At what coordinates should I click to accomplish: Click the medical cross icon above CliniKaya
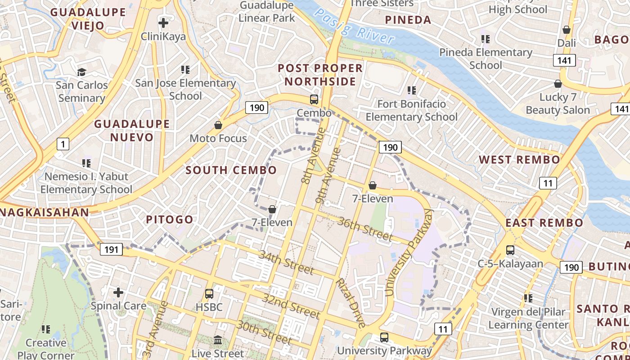click(163, 22)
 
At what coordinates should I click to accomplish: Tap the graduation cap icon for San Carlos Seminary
click(81, 72)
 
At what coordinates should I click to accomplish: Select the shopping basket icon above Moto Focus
click(218, 125)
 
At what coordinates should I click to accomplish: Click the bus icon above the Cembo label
click(314, 99)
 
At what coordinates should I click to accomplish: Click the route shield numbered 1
click(63, 144)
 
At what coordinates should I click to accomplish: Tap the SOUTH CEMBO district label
click(231, 170)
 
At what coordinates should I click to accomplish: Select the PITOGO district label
click(170, 220)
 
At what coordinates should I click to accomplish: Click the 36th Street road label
click(365, 229)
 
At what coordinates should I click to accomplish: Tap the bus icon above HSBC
click(209, 294)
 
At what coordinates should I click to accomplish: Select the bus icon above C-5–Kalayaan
click(510, 250)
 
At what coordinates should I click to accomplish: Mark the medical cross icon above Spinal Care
click(118, 292)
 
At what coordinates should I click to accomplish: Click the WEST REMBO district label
click(519, 160)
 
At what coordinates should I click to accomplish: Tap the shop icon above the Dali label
click(567, 30)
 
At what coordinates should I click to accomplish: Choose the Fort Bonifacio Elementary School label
click(411, 110)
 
